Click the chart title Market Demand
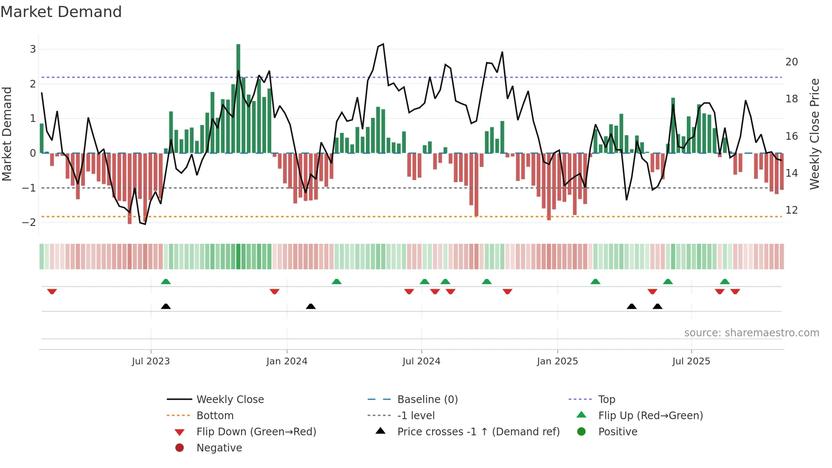point(61,12)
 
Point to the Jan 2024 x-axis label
point(287,361)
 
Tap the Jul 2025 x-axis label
point(691,361)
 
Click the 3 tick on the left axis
point(33,49)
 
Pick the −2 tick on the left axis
point(29,223)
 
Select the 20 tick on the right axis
point(792,62)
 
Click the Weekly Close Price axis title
point(814,134)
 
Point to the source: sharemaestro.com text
point(751,333)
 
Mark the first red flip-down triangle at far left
point(52,291)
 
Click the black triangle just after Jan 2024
point(311,306)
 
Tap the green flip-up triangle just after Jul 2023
point(166,282)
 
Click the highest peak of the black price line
point(383,44)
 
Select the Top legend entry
point(606,400)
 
